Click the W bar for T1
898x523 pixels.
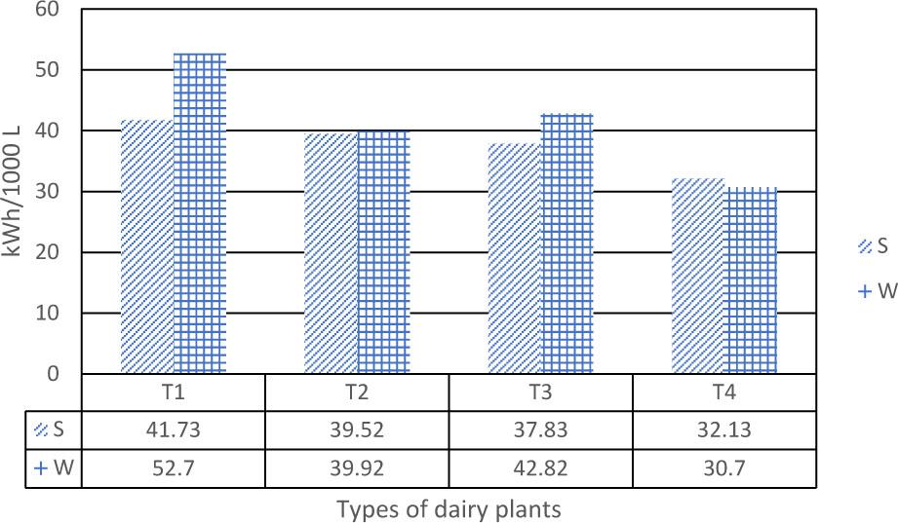pos(200,213)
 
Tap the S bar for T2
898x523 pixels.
pos(331,253)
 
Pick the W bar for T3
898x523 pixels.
pos(567,243)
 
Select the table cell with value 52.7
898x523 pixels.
pos(174,467)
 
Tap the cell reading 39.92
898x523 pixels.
pos(357,467)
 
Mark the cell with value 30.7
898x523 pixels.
pos(724,467)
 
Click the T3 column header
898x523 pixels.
pos(541,393)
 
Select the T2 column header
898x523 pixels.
pos(357,393)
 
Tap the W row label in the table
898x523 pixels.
pos(54,467)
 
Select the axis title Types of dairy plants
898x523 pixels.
pos(449,508)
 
